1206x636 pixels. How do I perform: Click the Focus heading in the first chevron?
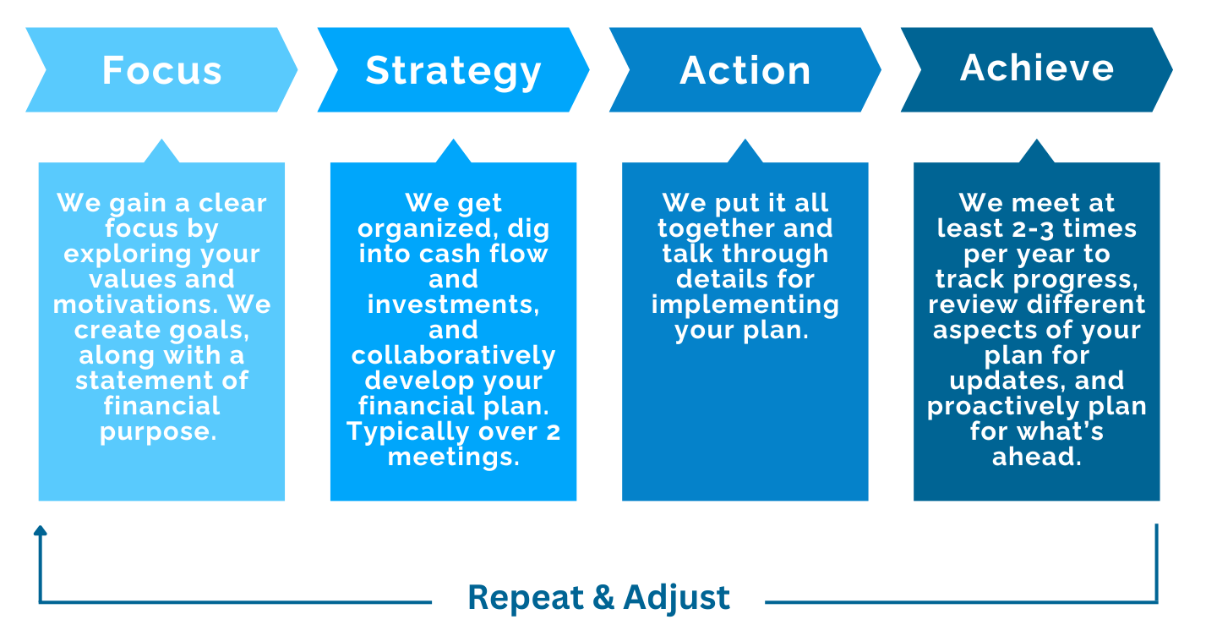point(161,70)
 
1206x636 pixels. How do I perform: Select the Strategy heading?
point(453,71)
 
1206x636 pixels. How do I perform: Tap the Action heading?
point(745,71)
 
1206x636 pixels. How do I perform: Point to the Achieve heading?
point(1037,69)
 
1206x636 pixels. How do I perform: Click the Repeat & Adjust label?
point(598,598)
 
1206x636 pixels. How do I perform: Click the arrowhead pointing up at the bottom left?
point(40,531)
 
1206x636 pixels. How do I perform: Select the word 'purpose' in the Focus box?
point(157,432)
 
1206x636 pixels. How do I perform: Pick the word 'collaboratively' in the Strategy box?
point(453,355)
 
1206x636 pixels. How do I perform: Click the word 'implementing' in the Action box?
point(745,304)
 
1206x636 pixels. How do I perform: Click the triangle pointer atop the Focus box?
point(161,152)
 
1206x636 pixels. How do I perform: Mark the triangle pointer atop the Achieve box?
point(1037,152)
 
